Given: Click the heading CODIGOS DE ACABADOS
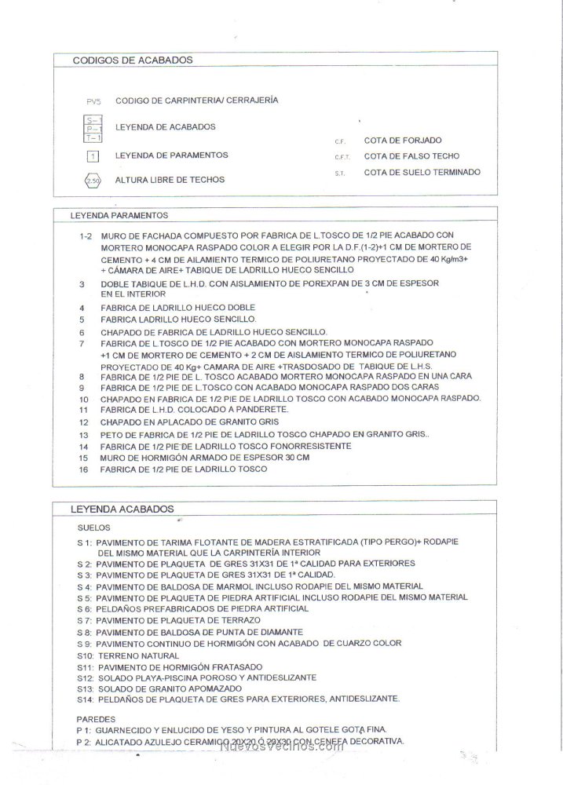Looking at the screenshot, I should pyautogui.click(x=133, y=60).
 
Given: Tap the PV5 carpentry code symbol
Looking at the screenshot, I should pyautogui.click(x=93, y=101).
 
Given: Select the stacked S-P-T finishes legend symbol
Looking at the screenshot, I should pyautogui.click(x=93, y=127).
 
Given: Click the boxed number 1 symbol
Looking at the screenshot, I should pyautogui.click(x=93, y=155).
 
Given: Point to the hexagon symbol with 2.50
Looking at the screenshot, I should pyautogui.click(x=93, y=181).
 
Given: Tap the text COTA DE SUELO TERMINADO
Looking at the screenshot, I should pyautogui.click(x=422, y=172).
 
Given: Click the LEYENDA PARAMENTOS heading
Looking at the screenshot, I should pyautogui.click(x=119, y=214).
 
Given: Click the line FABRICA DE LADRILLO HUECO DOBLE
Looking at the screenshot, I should pyautogui.click(x=177, y=307).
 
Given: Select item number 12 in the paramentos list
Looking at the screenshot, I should pyautogui.click(x=83, y=422).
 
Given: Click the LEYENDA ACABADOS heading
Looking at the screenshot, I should pyautogui.click(x=122, y=509).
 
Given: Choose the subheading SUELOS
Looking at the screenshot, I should pyautogui.click(x=94, y=528).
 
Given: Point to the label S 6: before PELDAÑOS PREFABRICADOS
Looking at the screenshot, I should pyautogui.click(x=86, y=609).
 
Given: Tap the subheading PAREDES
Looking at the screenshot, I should pyautogui.click(x=97, y=718).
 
